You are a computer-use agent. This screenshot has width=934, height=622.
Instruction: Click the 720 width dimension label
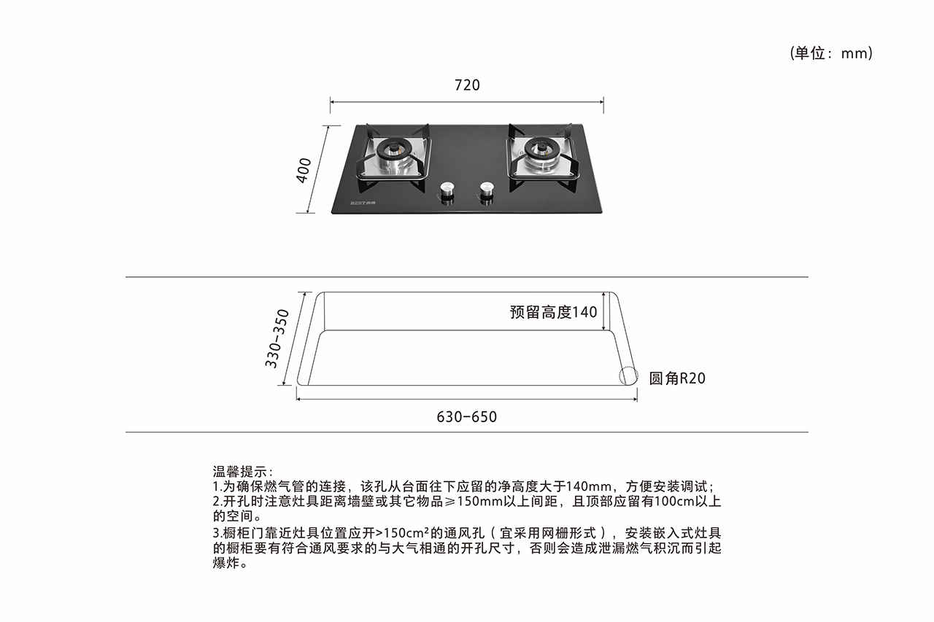[467, 85]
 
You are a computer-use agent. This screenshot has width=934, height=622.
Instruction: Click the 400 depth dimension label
[304, 170]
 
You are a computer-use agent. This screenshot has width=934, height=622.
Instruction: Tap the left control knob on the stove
[447, 192]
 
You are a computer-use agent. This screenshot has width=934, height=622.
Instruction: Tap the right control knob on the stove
[486, 192]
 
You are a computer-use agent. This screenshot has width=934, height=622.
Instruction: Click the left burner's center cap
[394, 147]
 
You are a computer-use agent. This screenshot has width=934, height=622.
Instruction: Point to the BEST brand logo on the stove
[363, 203]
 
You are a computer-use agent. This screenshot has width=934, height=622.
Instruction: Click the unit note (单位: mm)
[831, 53]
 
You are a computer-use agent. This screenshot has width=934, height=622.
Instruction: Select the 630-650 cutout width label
[466, 416]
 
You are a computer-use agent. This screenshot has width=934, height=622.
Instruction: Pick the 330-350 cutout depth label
[277, 338]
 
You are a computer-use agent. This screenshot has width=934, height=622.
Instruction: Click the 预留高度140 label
[553, 311]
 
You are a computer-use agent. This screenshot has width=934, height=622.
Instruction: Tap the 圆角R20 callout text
[677, 378]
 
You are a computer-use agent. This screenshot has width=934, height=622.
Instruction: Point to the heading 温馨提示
[240, 472]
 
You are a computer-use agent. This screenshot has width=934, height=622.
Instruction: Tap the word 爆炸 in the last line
[226, 563]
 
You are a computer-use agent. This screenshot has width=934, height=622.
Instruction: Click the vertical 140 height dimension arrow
[603, 311]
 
